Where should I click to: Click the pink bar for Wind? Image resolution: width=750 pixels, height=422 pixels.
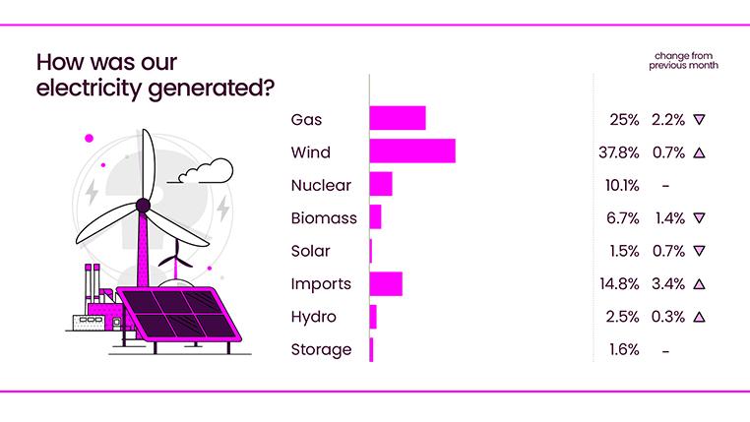point(411,151)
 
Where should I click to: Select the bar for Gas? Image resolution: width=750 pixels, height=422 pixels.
point(397,119)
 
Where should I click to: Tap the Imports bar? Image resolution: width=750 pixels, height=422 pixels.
point(385,284)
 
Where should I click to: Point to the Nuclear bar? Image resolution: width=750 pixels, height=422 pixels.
point(380,185)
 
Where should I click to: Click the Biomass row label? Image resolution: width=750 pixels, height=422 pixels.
point(324,218)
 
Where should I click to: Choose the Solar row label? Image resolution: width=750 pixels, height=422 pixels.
point(311,251)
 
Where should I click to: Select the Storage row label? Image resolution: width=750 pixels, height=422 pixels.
point(321,350)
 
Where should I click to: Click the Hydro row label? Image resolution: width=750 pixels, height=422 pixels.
point(314,317)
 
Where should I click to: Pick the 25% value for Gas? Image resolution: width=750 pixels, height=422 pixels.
point(625,119)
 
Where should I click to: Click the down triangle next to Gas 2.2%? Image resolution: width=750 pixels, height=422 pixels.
point(699,119)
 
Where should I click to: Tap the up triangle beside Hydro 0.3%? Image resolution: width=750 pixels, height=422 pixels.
point(699,317)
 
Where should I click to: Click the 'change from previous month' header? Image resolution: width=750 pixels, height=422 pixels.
point(683,60)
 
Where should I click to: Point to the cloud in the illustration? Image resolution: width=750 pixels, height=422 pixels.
point(203,172)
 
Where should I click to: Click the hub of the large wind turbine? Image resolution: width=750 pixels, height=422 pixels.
point(143,206)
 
